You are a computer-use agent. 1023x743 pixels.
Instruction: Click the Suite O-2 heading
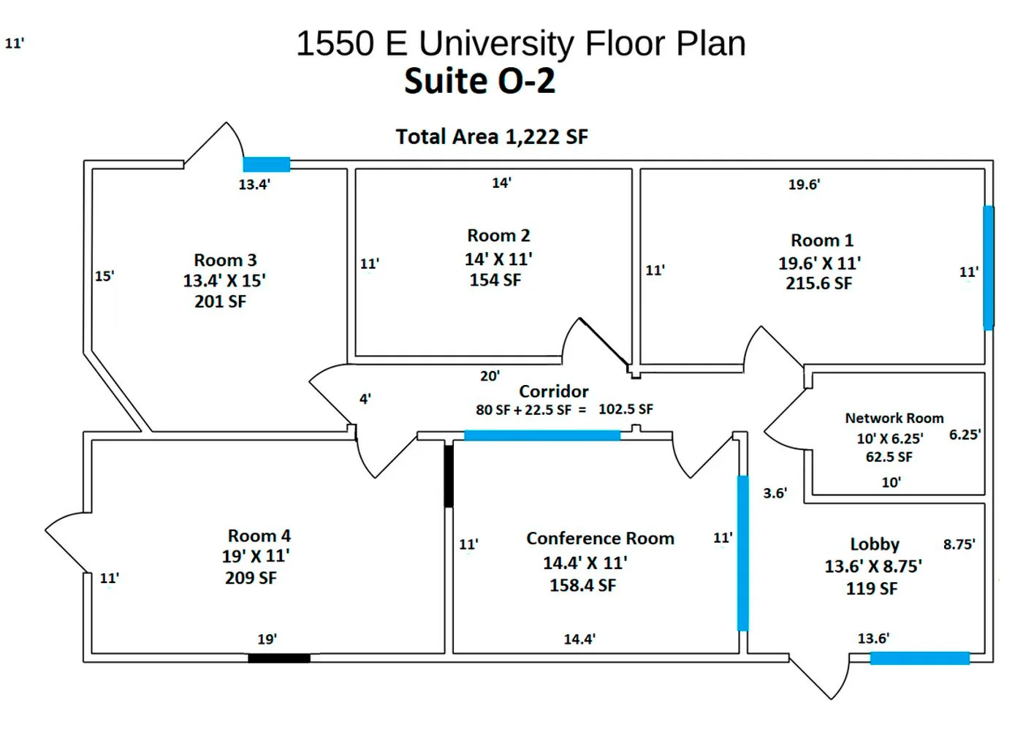click(479, 81)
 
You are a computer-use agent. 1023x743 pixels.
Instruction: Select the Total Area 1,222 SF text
click(491, 137)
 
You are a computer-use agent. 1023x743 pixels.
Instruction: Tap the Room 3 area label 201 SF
click(220, 302)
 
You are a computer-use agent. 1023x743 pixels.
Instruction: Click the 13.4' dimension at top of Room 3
click(254, 185)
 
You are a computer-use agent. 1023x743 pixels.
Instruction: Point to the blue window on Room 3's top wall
click(267, 164)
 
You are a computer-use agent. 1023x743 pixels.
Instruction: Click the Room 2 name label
click(498, 236)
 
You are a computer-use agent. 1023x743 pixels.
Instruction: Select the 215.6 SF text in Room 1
click(818, 283)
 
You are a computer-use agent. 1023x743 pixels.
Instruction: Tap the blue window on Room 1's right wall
click(988, 267)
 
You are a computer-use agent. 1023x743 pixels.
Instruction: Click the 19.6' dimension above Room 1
click(804, 185)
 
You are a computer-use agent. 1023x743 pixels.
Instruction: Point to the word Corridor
click(553, 392)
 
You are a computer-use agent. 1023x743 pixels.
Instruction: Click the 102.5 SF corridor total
click(625, 410)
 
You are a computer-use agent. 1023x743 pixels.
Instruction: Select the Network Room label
click(894, 419)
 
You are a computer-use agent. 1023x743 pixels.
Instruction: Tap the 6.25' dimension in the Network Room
click(965, 435)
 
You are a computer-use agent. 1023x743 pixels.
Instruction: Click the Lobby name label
click(874, 544)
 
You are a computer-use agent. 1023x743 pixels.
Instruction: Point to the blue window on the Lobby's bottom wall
click(919, 658)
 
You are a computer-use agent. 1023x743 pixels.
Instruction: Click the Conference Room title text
click(600, 538)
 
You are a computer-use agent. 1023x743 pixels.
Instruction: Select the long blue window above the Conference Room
click(542, 435)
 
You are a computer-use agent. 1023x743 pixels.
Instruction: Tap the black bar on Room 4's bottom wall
click(278, 658)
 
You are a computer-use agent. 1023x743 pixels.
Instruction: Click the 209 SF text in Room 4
click(251, 578)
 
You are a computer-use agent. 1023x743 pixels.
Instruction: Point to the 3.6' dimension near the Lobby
click(775, 493)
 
